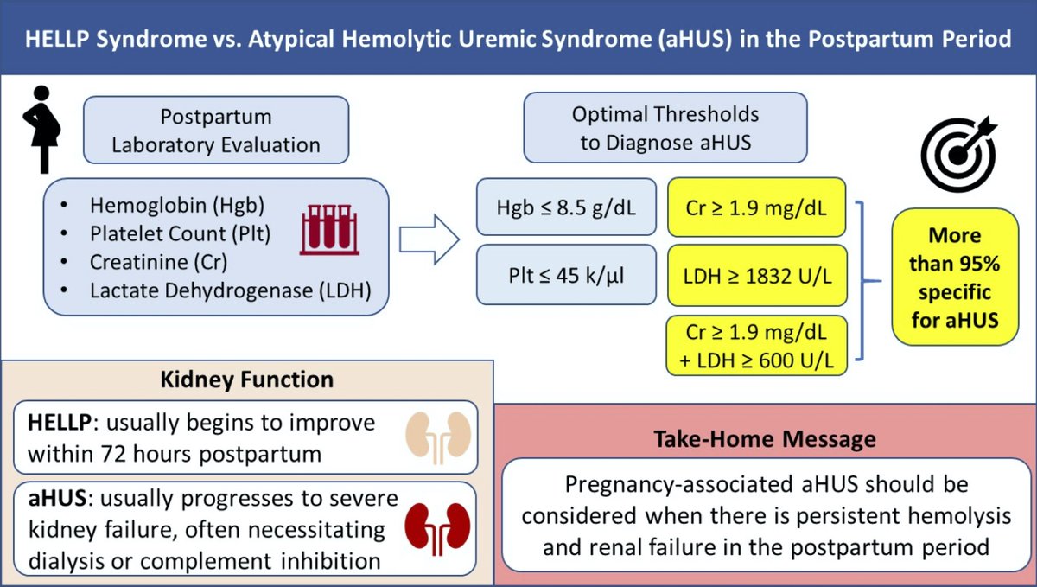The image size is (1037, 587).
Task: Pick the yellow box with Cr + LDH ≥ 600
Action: click(x=757, y=347)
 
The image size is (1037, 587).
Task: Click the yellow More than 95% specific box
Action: click(x=955, y=277)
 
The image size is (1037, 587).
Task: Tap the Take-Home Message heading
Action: click(x=764, y=438)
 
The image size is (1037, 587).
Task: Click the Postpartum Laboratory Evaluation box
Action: click(x=216, y=130)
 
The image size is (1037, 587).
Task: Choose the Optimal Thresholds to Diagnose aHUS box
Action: click(x=665, y=128)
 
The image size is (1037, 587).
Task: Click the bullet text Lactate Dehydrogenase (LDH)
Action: click(x=230, y=290)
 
